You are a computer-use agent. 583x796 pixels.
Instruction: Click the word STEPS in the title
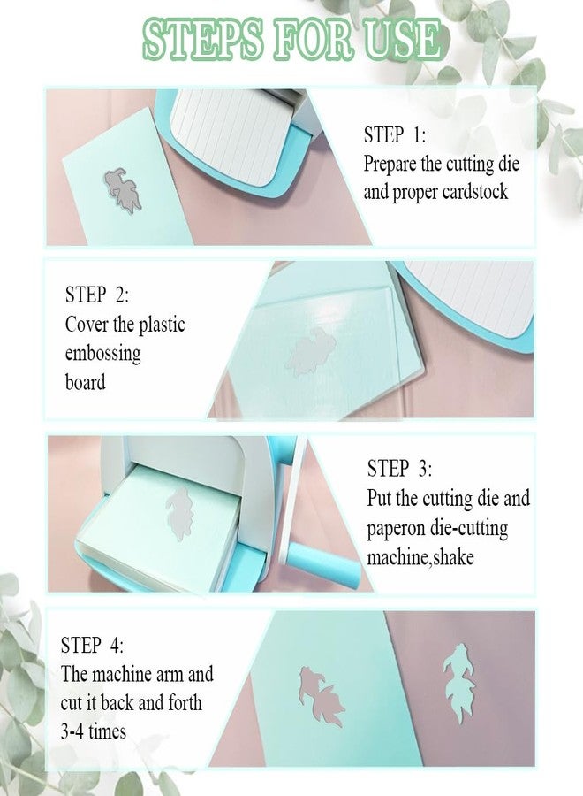click(x=203, y=39)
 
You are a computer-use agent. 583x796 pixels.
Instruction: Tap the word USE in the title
click(x=403, y=39)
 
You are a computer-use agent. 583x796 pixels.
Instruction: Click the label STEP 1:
click(x=395, y=135)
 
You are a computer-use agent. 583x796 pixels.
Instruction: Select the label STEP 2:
click(x=97, y=295)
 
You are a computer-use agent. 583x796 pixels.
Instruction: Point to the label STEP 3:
click(x=399, y=468)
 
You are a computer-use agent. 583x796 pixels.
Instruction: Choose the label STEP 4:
click(x=92, y=646)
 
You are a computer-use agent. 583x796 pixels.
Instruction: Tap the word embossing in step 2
click(x=103, y=354)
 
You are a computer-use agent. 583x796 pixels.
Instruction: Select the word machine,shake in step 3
click(x=420, y=558)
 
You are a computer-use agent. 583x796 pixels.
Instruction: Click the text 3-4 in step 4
click(x=72, y=732)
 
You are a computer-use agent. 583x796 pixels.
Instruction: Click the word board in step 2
click(x=85, y=382)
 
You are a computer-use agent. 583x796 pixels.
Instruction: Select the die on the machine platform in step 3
click(x=179, y=513)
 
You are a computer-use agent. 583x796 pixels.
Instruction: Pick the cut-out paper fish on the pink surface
click(x=458, y=682)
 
